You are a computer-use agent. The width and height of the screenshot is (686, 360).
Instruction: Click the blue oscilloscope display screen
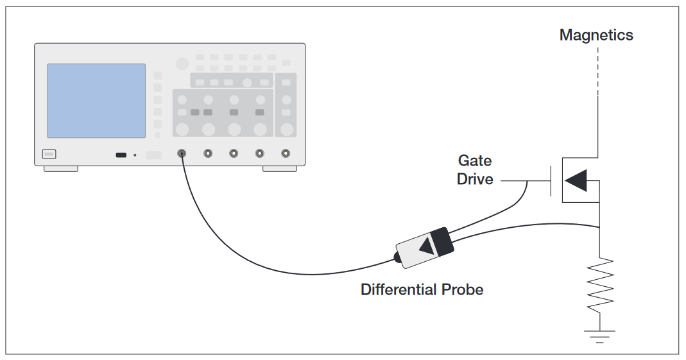click(x=96, y=101)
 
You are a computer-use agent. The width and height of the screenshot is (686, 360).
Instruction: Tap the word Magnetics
click(x=596, y=35)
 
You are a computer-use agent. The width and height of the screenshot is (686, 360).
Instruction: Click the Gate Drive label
click(x=475, y=170)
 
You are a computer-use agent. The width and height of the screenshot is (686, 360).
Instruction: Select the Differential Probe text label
click(x=422, y=289)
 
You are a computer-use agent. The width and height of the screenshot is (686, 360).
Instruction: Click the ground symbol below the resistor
click(x=599, y=336)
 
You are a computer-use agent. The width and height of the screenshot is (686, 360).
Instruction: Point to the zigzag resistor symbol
click(x=599, y=285)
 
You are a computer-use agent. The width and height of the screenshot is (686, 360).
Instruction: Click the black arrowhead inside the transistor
click(x=576, y=180)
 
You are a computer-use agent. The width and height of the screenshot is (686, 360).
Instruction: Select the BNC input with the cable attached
click(x=182, y=154)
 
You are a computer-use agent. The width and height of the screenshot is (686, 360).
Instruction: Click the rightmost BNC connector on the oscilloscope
click(x=286, y=154)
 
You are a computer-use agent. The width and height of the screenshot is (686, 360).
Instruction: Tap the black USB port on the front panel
click(x=121, y=155)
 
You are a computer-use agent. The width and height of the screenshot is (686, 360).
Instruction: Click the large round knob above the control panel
click(x=182, y=63)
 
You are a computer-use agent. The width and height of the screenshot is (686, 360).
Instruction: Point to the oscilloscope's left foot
click(x=60, y=169)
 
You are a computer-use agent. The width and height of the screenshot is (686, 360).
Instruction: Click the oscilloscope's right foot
click(x=279, y=169)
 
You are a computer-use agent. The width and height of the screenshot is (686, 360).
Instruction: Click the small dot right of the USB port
click(x=135, y=155)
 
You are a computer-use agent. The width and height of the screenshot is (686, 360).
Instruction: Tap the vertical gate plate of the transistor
click(x=551, y=181)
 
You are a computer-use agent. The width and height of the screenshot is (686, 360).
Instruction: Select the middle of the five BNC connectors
click(x=234, y=154)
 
